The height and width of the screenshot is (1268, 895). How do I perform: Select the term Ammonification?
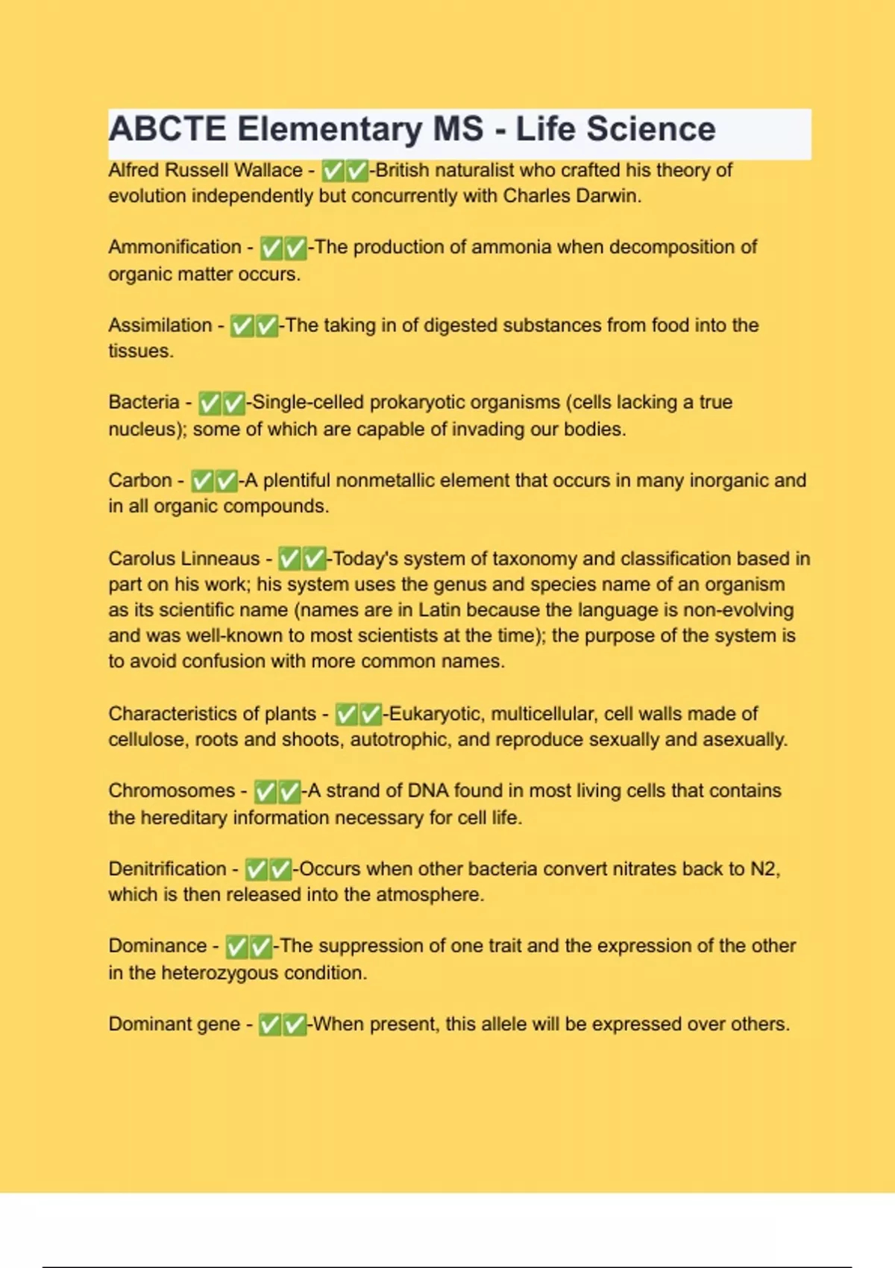pos(175,247)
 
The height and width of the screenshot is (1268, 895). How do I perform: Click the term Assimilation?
pos(160,325)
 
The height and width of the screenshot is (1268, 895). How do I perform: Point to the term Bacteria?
pos(143,402)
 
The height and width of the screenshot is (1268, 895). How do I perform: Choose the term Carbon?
pos(139,480)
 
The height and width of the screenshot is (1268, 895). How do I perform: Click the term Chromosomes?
pos(171,791)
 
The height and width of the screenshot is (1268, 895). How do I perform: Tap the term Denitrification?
pos(167,869)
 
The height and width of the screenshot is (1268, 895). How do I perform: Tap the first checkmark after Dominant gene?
pos(269,1025)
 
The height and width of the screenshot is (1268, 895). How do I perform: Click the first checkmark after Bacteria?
pos(210,403)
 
